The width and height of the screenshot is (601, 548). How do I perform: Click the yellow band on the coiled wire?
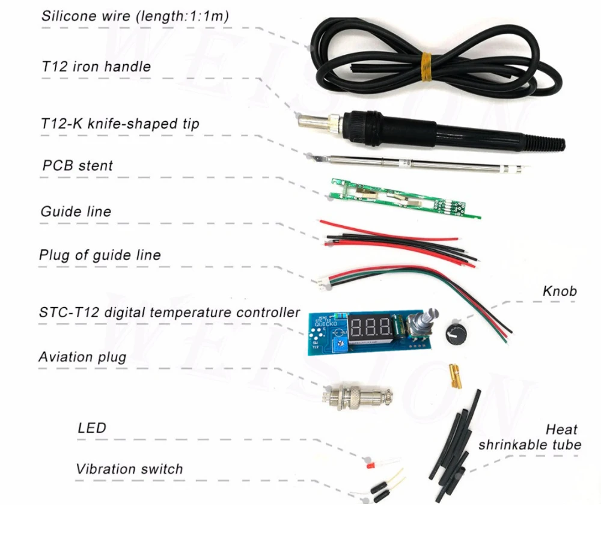(x=426, y=65)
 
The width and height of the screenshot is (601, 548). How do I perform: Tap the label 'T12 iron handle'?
(x=96, y=66)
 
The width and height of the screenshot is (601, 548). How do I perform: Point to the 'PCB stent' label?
(x=78, y=165)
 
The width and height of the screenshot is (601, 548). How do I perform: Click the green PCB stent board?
(x=403, y=198)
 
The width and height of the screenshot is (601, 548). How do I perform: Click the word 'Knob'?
(x=559, y=291)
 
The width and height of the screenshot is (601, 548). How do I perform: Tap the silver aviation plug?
(x=358, y=397)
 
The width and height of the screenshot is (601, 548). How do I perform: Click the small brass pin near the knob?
(x=454, y=377)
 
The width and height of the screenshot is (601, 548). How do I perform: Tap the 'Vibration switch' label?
(x=129, y=469)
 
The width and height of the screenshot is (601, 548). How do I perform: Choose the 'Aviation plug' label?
(x=82, y=357)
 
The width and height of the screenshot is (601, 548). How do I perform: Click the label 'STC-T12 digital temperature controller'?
(x=169, y=312)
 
